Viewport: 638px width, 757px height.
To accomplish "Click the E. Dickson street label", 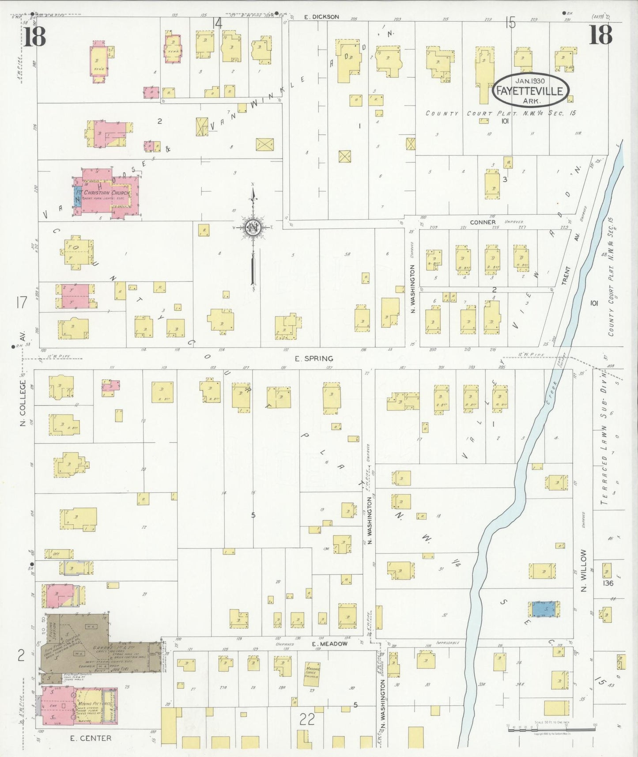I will tap(322, 17).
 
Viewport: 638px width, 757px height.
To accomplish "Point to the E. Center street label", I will tap(91, 738).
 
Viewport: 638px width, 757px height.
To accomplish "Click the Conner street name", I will tap(483, 222).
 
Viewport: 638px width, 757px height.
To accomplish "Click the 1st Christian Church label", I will tap(104, 193).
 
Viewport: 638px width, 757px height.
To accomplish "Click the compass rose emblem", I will tap(253, 228).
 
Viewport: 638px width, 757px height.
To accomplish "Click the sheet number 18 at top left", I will tap(34, 37).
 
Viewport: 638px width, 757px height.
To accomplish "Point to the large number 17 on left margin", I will tap(21, 303).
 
